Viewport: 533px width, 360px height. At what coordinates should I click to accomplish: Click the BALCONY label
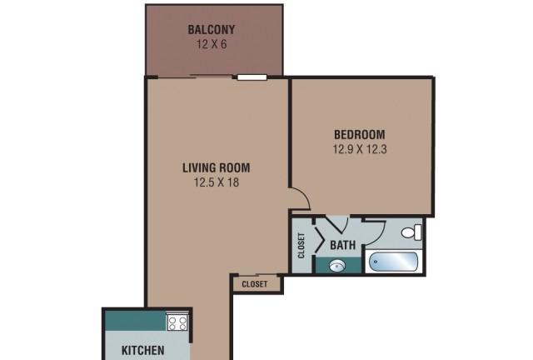pos(211,30)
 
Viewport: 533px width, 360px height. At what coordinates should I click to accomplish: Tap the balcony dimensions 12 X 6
pos(211,44)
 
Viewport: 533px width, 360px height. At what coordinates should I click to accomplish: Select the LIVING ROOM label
pos(217,167)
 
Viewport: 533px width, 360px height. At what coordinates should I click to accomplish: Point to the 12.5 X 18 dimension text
pos(217,182)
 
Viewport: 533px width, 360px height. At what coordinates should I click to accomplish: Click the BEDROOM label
pos(360,135)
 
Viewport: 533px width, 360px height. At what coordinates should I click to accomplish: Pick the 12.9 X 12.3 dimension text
pos(360,149)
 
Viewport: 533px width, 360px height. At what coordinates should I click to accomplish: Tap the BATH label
pos(342,245)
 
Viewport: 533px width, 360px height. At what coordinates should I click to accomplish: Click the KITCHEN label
pos(142,350)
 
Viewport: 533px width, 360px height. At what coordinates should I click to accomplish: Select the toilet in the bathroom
pos(411,232)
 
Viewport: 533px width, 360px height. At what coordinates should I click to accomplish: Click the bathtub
pos(394,262)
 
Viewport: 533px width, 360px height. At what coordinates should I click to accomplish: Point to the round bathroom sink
pos(336,266)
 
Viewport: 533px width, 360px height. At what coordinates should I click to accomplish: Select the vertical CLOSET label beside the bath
pos(301,245)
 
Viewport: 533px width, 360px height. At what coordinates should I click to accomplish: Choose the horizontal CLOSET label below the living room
pos(255,284)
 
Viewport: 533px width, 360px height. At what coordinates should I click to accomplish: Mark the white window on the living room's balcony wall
pos(252,77)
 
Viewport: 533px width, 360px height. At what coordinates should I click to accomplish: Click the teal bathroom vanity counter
pos(338,265)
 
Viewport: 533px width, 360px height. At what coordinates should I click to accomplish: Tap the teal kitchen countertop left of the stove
pos(136,321)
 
